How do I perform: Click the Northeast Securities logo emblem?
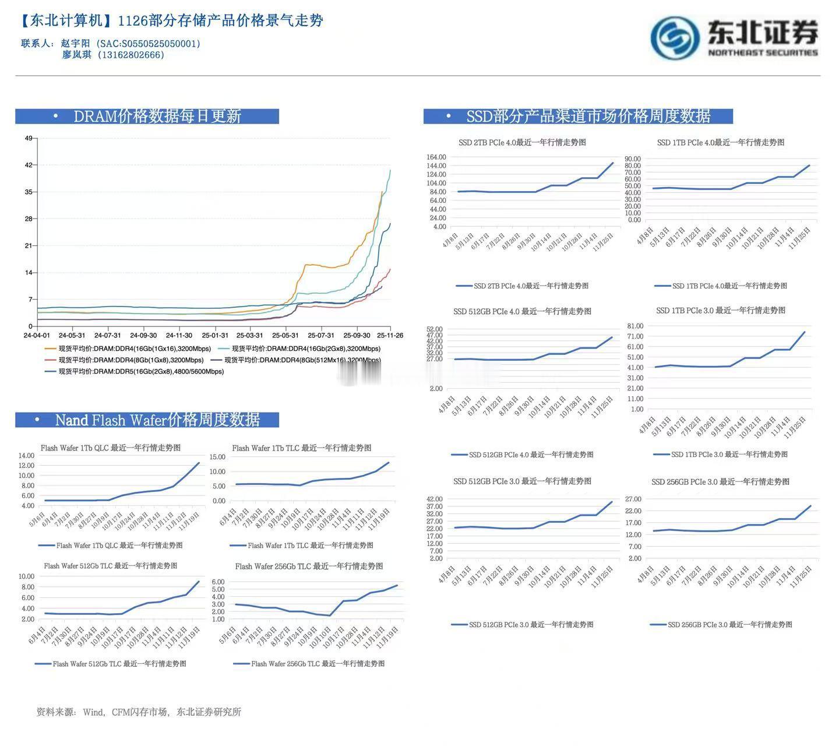[x=675, y=38]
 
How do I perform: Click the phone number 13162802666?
[x=132, y=55]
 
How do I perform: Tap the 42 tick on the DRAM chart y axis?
[x=29, y=165]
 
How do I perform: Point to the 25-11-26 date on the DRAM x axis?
[x=390, y=336]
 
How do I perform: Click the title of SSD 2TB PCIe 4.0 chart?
[x=522, y=142]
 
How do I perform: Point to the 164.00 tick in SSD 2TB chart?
[x=436, y=157]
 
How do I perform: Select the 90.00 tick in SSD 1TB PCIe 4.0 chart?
[x=632, y=159]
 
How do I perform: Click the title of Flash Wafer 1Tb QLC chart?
[x=111, y=448]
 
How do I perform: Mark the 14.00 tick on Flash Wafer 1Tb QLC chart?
[x=27, y=455]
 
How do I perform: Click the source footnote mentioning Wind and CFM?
[x=139, y=712]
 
